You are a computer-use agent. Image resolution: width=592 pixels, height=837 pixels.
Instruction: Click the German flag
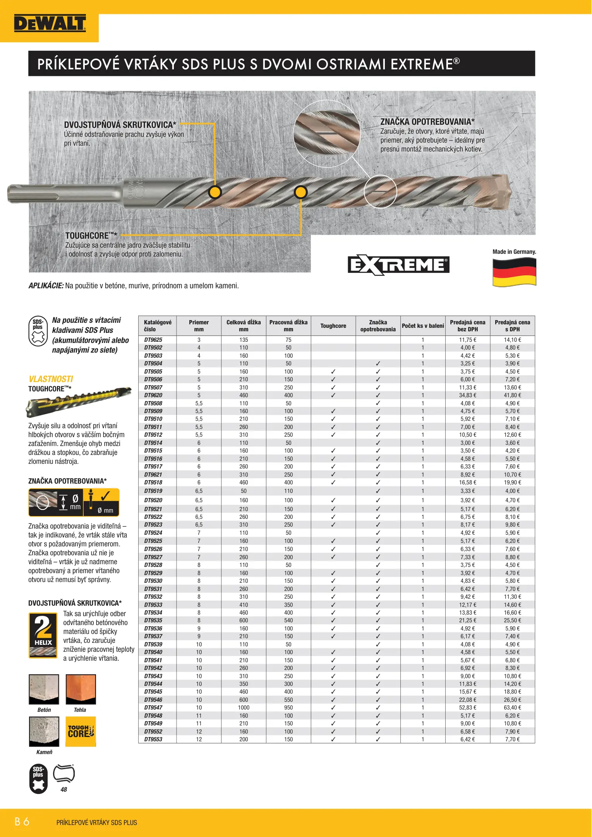(x=514, y=272)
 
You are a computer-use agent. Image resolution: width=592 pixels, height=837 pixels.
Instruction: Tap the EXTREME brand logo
(x=398, y=265)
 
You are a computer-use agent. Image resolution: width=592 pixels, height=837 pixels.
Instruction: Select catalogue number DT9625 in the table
(x=153, y=340)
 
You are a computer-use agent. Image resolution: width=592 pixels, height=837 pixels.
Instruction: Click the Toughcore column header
(x=333, y=326)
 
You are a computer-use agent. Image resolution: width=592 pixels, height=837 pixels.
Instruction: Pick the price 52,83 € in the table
(x=467, y=708)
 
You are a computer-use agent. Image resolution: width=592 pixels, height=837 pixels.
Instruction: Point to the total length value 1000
(x=244, y=708)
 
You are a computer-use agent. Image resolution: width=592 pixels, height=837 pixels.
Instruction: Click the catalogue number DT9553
(x=153, y=739)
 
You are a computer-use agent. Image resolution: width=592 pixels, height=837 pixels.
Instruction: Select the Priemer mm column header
(x=199, y=326)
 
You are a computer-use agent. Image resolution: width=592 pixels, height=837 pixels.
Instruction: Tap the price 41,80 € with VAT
(x=512, y=395)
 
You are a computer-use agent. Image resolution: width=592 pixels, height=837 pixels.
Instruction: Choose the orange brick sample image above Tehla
(x=81, y=689)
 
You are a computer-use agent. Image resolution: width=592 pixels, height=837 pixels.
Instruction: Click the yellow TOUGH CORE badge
(x=81, y=731)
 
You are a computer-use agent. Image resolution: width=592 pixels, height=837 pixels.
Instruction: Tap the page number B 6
(x=22, y=821)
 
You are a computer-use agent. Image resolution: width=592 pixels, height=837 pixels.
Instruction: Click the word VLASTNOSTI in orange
(x=51, y=379)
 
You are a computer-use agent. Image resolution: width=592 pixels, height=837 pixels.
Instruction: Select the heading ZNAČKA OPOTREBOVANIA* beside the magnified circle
(x=427, y=122)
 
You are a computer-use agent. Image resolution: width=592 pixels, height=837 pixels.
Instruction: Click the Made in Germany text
(x=514, y=252)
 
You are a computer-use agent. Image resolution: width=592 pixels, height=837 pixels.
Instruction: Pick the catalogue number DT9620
(x=153, y=395)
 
